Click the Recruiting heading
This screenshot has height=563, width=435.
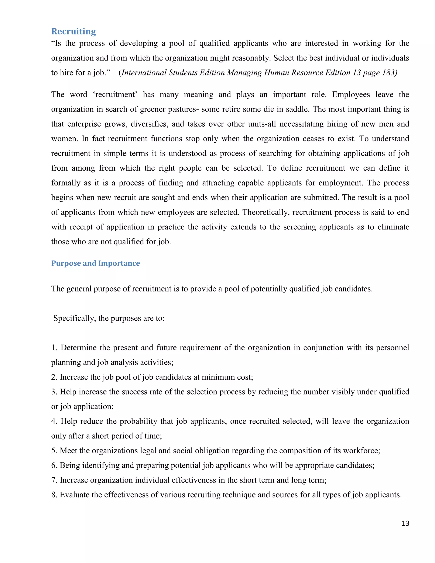click(73, 31)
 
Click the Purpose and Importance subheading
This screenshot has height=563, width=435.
click(95, 263)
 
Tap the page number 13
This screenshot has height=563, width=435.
click(405, 523)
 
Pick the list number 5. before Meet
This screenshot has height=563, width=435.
click(54, 451)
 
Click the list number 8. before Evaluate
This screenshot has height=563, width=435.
click(54, 495)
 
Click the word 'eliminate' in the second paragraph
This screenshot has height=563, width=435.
click(393, 227)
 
